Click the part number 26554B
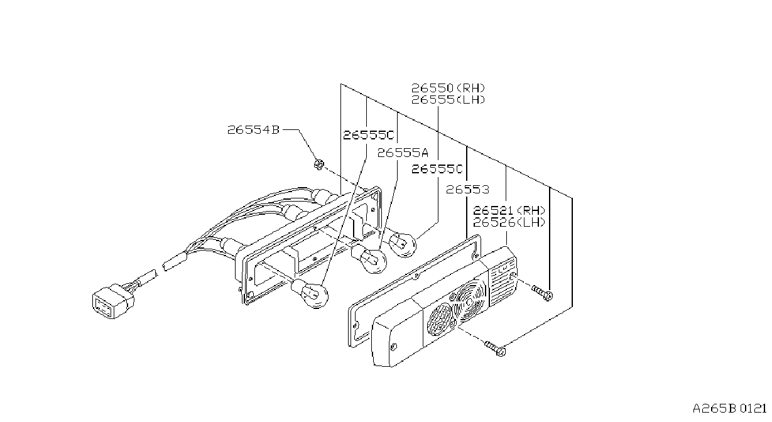253,130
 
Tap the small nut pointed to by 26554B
319,164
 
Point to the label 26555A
403,153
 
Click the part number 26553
468,190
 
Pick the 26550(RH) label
448,88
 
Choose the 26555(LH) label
448,100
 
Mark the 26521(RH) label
509,210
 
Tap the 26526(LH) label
509,222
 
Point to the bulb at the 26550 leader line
403,244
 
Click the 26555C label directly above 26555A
369,135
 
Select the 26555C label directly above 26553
437,169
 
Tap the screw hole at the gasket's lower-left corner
356,325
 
